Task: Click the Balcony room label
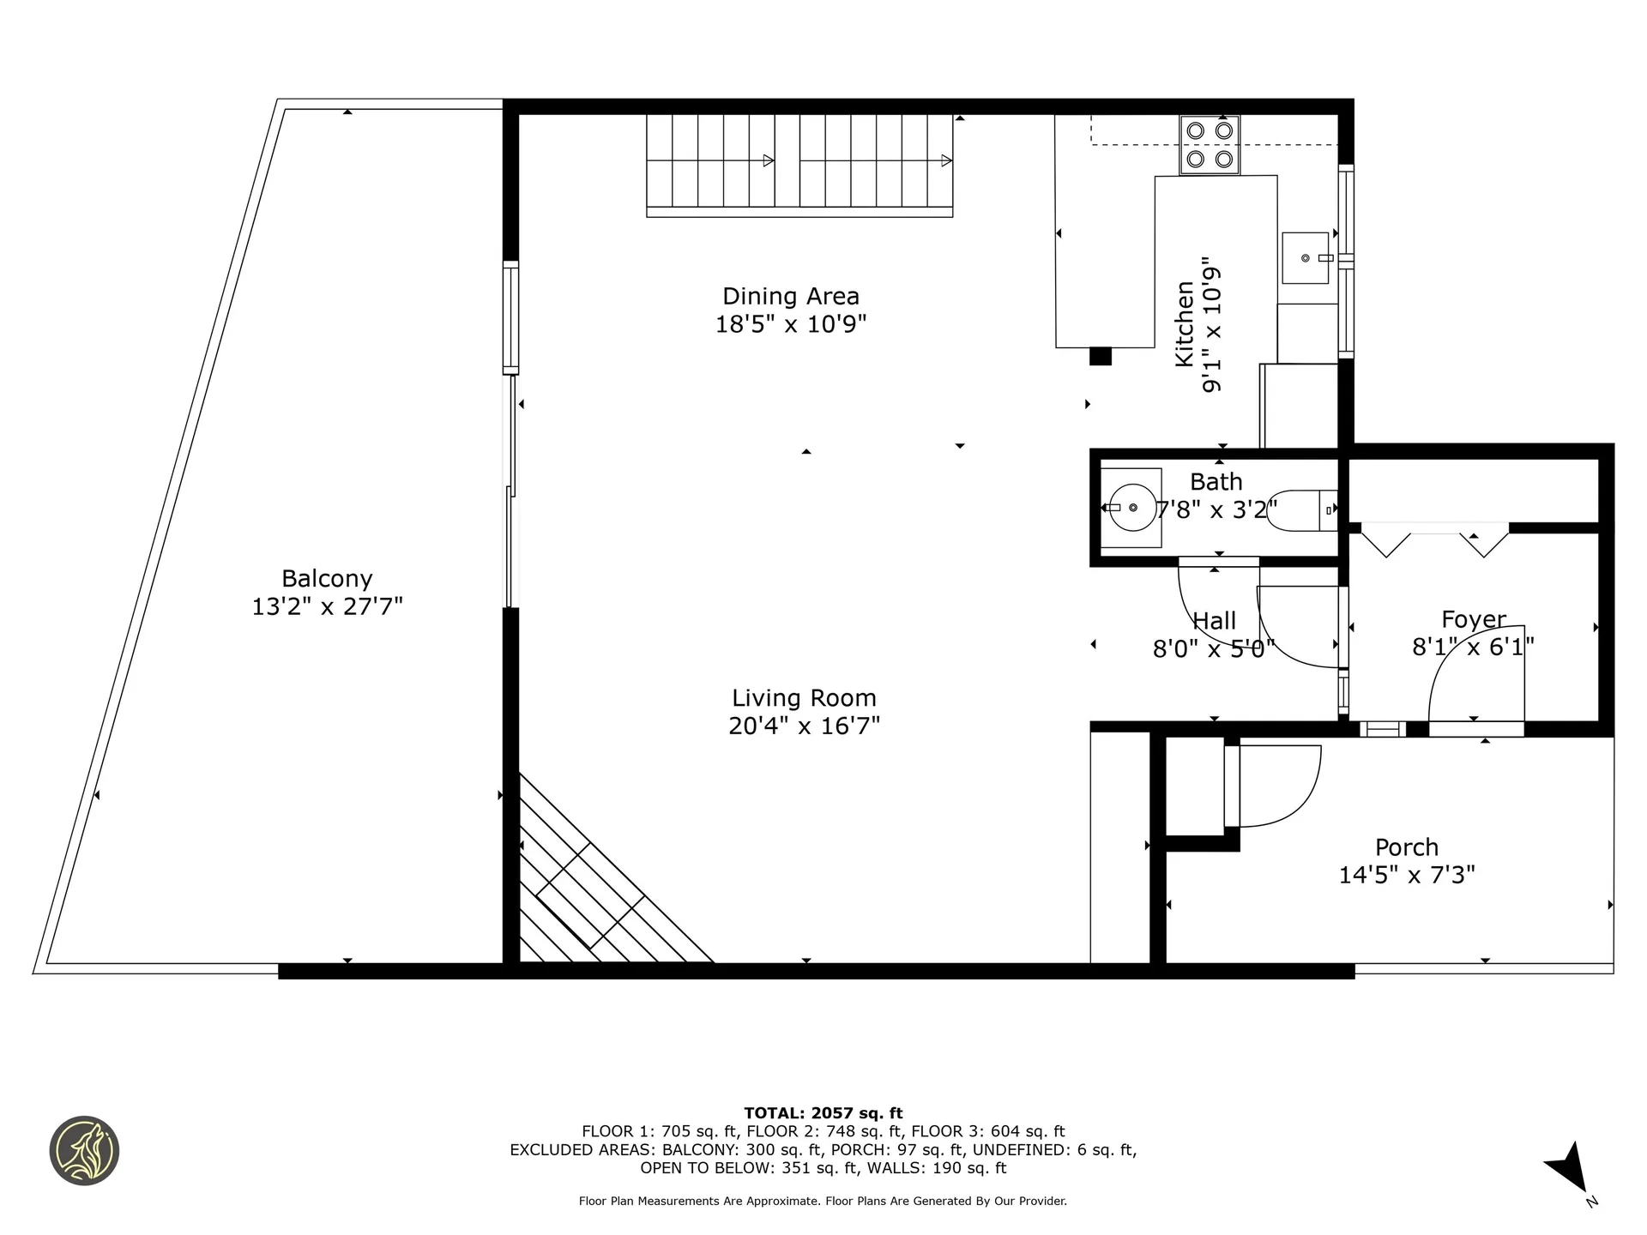[x=327, y=579]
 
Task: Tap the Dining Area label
[x=791, y=296]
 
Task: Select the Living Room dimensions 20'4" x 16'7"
[x=805, y=726]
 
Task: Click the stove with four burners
[x=1210, y=145]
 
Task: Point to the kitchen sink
[x=1306, y=257]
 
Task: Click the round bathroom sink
[x=1131, y=508]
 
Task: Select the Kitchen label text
[x=1185, y=324]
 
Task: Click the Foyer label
[x=1474, y=619]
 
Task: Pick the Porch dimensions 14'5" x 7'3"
[x=1407, y=875]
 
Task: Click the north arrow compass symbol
[x=1570, y=1169]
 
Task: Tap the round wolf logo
[x=84, y=1151]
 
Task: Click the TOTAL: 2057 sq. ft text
[x=823, y=1113]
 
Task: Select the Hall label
[x=1215, y=621]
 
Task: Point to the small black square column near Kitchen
[x=1101, y=356]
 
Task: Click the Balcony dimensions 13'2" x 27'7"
[x=327, y=607]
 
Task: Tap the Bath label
[x=1216, y=482]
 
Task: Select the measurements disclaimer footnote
[x=823, y=1202]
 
